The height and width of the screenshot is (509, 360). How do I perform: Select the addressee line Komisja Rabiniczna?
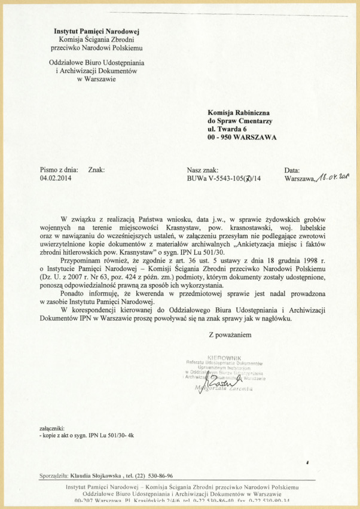click(239, 112)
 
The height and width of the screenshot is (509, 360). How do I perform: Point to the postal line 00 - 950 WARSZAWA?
click(242, 137)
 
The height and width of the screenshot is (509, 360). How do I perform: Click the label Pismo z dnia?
click(59, 170)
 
